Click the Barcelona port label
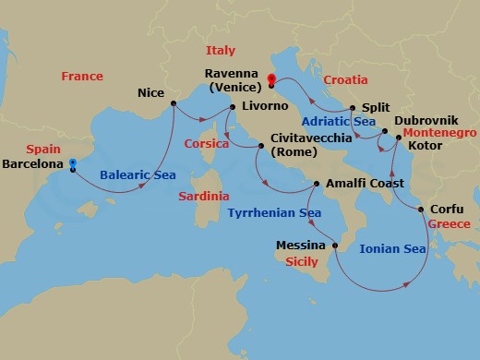tap(33, 164)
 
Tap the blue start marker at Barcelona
tap(72, 163)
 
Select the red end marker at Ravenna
tap(270, 78)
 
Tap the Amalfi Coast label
tap(361, 184)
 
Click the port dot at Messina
tap(334, 246)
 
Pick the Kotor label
tap(424, 145)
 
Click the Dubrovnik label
tap(426, 120)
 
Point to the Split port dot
tap(354, 108)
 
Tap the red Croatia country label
tap(345, 80)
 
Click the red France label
tap(82, 77)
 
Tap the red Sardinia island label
tap(205, 197)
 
